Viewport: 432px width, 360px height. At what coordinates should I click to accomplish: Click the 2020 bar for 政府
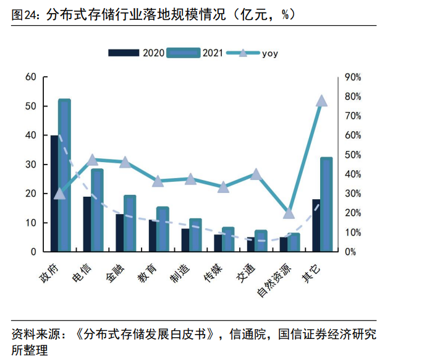point(54,193)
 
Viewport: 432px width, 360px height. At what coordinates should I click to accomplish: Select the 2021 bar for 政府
point(64,175)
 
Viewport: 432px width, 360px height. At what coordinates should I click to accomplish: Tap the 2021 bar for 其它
point(326,204)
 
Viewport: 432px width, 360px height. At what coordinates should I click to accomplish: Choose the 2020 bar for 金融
point(119,233)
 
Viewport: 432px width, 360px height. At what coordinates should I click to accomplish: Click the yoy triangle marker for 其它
point(321,101)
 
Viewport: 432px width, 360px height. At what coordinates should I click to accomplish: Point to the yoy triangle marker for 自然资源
point(289,213)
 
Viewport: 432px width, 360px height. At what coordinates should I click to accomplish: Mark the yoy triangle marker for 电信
point(92,160)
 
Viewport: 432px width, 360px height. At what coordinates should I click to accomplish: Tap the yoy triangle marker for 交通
point(256,174)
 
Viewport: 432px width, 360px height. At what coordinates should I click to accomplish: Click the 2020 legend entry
point(136,53)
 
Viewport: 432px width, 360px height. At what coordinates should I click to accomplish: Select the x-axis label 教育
point(147,271)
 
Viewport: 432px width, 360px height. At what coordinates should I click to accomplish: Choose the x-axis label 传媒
point(213,271)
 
